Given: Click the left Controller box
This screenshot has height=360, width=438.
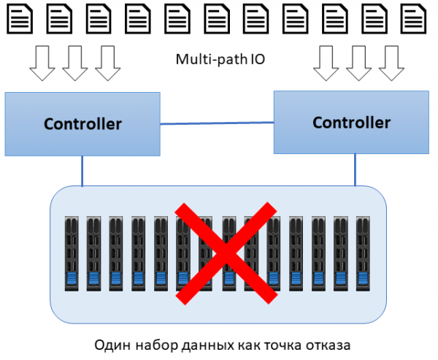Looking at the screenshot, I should point(82,123).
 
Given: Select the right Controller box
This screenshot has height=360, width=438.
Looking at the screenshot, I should point(351,122).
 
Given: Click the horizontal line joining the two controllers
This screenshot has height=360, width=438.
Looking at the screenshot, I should point(218,124).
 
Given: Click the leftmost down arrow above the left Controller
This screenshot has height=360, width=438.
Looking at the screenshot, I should point(41,63).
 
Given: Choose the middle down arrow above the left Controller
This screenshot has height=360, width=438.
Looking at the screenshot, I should point(74,63).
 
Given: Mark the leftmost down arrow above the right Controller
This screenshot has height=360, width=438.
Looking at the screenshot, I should point(325,63).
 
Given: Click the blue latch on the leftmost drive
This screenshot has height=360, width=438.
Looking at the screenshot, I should point(72,278).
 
